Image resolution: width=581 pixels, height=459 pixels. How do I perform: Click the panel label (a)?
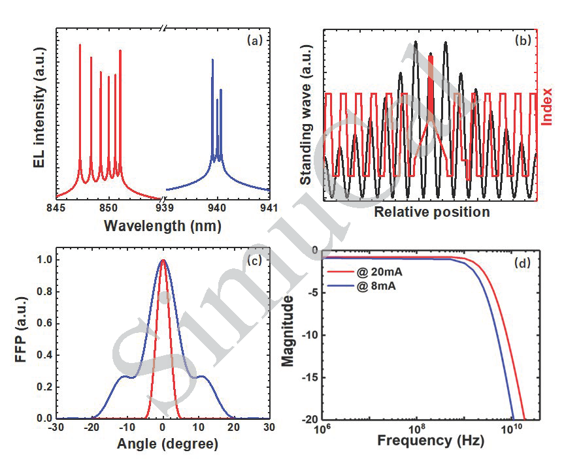254,40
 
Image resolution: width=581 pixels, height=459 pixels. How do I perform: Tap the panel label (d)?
523,263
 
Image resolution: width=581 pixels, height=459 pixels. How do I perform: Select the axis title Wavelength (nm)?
162,226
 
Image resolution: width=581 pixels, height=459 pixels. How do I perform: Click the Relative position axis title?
431,212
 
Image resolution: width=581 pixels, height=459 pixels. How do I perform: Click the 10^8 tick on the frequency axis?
416,430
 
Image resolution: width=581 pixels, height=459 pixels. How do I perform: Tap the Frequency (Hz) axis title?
431,441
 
